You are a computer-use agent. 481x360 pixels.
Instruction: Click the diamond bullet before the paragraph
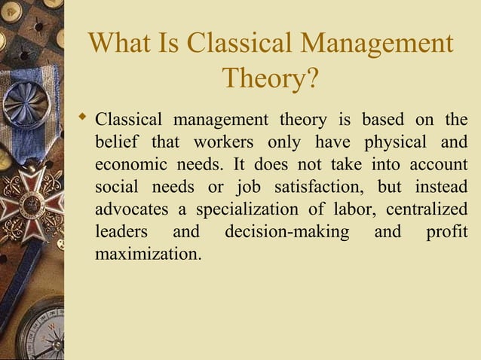[84, 117]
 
